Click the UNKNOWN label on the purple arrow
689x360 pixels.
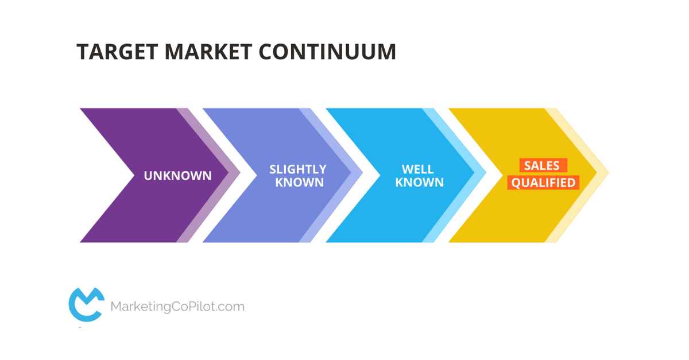click(177, 176)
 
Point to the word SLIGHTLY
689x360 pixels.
click(298, 169)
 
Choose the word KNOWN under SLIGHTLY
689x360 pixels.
click(300, 183)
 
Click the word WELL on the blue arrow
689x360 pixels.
click(418, 169)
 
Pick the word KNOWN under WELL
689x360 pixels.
click(420, 183)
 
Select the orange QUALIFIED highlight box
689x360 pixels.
click(543, 183)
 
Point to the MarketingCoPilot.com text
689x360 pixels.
click(177, 307)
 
